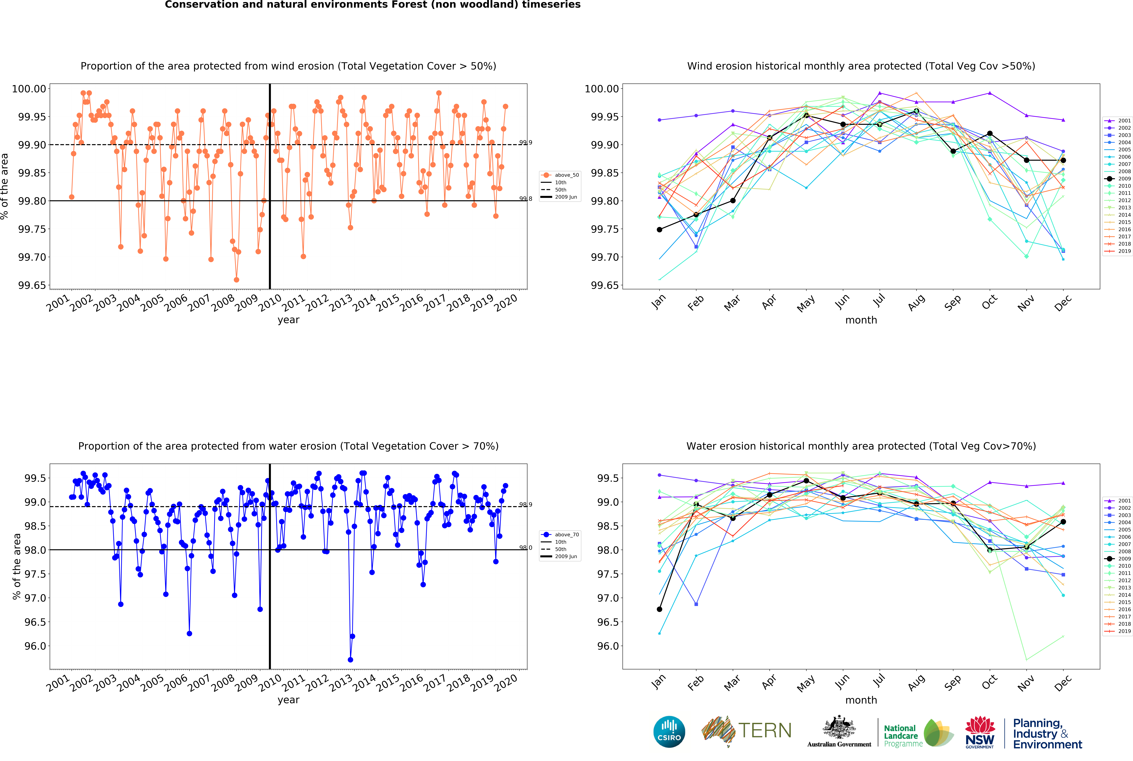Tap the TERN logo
pos(746,731)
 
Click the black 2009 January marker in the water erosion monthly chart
pos(659,609)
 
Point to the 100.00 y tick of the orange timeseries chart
pos(29,89)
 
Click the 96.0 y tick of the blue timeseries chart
pos(35,646)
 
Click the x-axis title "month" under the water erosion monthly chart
pos(861,700)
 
